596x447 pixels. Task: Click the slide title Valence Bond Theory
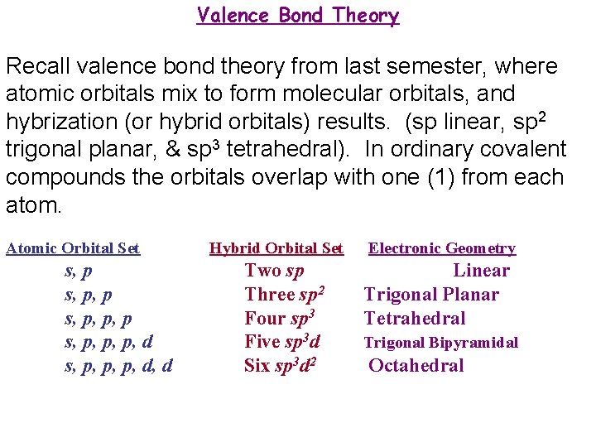[x=298, y=16]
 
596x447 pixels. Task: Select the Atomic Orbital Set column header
[x=73, y=248]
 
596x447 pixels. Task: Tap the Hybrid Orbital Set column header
[x=276, y=248]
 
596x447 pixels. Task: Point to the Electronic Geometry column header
[x=442, y=248]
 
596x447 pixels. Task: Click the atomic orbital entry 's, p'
[x=79, y=271]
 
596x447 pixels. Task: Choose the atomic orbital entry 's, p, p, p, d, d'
[x=118, y=366]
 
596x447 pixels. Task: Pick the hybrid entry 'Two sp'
[x=275, y=271]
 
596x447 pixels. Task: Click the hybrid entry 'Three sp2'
[x=284, y=294]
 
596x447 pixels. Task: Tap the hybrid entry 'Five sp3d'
[x=282, y=341]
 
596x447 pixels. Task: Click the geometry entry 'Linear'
[x=481, y=271]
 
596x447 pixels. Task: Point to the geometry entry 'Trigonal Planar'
[x=431, y=295]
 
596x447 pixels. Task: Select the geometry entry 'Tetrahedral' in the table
[x=415, y=319]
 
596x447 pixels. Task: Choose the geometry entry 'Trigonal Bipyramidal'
[x=441, y=343]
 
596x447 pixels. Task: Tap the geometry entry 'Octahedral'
[x=416, y=366]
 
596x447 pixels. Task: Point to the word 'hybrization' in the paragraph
[x=60, y=122]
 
